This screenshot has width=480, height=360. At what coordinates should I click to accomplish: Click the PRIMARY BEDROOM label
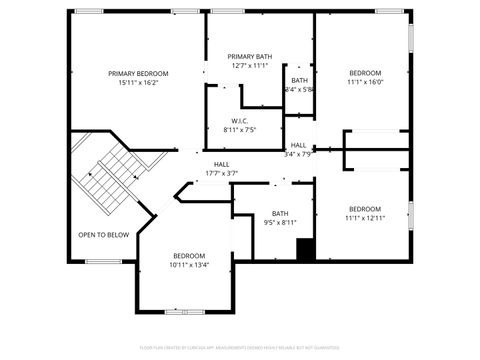[x=138, y=73]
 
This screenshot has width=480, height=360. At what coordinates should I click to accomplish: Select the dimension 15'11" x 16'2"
[x=138, y=82]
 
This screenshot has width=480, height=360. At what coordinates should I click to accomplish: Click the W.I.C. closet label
[x=240, y=121]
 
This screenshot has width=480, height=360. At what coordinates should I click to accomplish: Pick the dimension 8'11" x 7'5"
[x=240, y=130]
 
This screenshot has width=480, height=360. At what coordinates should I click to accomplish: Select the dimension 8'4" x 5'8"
[x=299, y=89]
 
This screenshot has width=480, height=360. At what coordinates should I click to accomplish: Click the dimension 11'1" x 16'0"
[x=365, y=82]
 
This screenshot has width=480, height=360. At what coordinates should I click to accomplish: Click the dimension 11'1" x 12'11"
[x=365, y=217]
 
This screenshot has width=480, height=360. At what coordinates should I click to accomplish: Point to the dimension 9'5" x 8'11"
[x=280, y=222]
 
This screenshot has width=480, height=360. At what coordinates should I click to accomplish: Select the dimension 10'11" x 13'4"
[x=188, y=265]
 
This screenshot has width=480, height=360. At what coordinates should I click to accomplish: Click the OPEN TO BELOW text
[x=103, y=235]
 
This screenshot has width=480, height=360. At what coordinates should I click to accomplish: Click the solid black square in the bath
[x=306, y=250]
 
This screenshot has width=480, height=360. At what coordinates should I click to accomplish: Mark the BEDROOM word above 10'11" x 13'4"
[x=188, y=256]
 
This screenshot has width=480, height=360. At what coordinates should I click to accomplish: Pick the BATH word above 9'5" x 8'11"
[x=280, y=213]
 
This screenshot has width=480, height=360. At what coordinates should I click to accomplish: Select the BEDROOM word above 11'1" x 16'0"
[x=365, y=73]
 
